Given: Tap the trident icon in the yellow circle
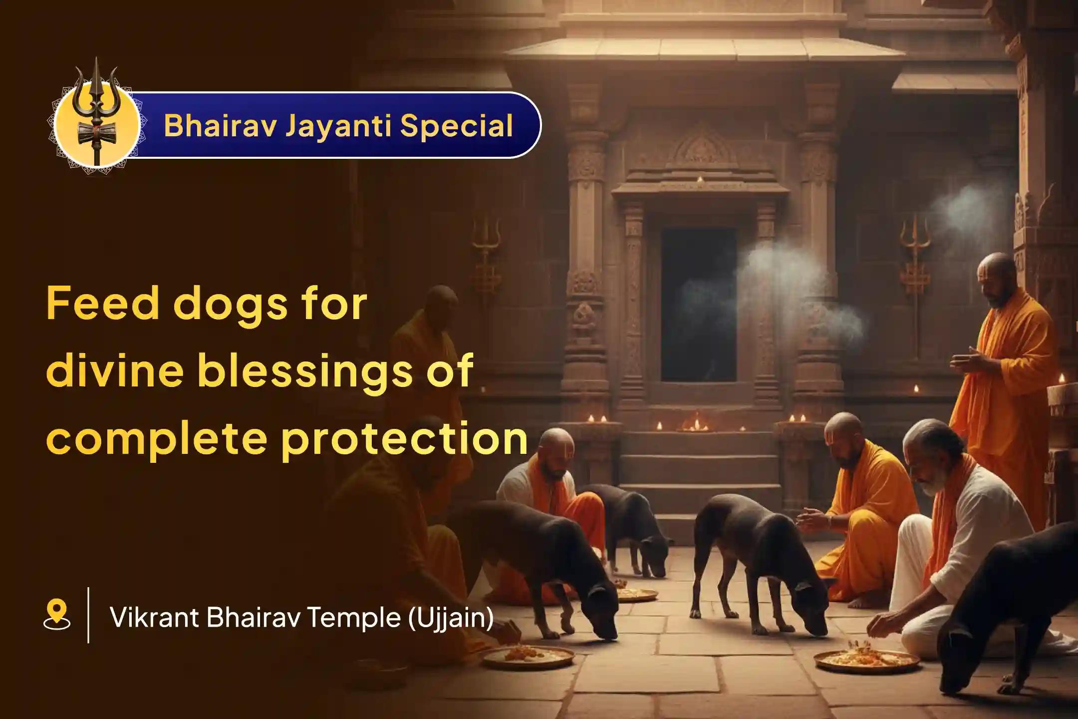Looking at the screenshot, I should pos(97,115).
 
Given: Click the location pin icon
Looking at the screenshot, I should pos(56,615).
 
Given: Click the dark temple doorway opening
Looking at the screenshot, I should pos(698,305).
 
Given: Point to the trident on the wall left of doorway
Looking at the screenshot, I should pos(485,245).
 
